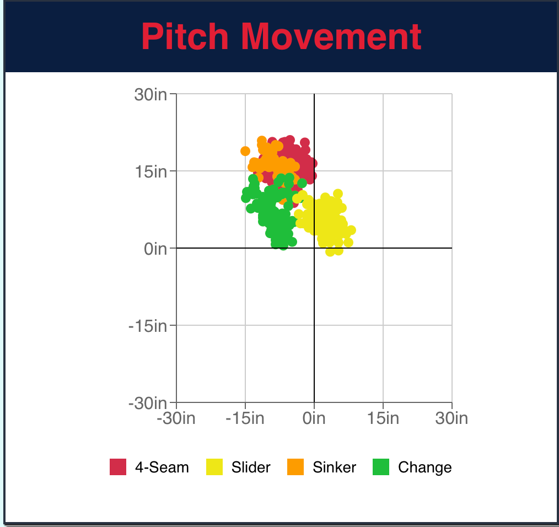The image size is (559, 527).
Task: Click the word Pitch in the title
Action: pyautogui.click(x=185, y=37)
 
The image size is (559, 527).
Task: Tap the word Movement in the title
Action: pyautogui.click(x=331, y=37)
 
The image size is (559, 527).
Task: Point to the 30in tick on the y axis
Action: pyautogui.click(x=150, y=94)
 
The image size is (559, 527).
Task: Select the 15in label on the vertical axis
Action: pyautogui.click(x=150, y=171)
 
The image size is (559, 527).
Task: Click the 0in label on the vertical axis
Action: pyautogui.click(x=155, y=249)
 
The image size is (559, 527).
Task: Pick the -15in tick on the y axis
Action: pyautogui.click(x=148, y=326)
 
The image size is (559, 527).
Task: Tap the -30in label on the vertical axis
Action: pyautogui.click(x=148, y=404)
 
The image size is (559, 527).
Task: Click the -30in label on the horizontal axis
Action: pyautogui.click(x=176, y=418)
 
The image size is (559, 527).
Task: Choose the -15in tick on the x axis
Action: pyautogui.click(x=245, y=418)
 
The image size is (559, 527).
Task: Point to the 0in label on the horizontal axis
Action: pyautogui.click(x=314, y=418)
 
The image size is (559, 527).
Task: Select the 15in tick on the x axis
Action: pyautogui.click(x=383, y=418)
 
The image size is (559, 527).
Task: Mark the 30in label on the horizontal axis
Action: pyautogui.click(x=452, y=418)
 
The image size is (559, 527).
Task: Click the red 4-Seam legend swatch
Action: pyautogui.click(x=118, y=467)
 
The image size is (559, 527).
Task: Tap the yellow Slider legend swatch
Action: pyautogui.click(x=214, y=467)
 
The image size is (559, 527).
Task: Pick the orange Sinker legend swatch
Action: pyautogui.click(x=295, y=467)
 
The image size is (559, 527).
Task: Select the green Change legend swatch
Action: pyautogui.click(x=381, y=467)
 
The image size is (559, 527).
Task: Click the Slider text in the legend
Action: pyautogui.click(x=251, y=467)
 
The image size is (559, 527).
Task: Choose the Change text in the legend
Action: pyautogui.click(x=425, y=467)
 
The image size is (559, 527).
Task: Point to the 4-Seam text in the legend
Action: pyautogui.click(x=162, y=467)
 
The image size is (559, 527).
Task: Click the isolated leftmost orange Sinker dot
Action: pyautogui.click(x=245, y=151)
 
